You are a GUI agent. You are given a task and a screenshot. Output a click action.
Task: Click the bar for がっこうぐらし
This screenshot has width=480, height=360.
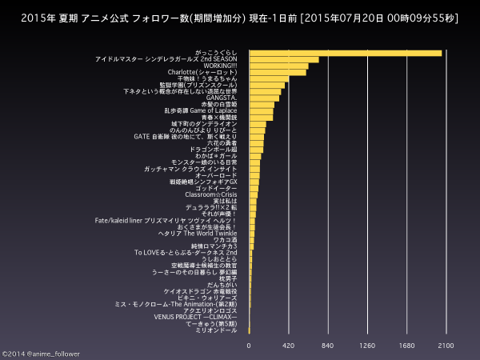(345, 53)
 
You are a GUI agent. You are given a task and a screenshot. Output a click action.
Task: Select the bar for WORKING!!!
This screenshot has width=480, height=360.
(278, 66)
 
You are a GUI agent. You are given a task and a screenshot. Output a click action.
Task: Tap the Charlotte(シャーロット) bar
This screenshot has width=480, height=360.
(277, 72)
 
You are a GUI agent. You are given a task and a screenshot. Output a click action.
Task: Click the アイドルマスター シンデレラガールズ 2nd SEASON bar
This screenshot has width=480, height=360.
(283, 59)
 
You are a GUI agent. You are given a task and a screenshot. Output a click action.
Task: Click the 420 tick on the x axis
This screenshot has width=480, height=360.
(289, 346)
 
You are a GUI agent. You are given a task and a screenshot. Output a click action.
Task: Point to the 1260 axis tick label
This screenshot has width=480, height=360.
(367, 346)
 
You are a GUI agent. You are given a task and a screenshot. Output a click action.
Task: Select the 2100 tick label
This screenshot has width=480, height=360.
(446, 346)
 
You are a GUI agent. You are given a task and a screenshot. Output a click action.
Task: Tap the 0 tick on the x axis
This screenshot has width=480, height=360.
(249, 346)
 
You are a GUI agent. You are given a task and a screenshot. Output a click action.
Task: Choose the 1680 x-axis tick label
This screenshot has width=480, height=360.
(406, 346)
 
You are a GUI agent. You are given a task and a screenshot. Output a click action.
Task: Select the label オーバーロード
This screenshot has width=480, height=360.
(216, 175)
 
